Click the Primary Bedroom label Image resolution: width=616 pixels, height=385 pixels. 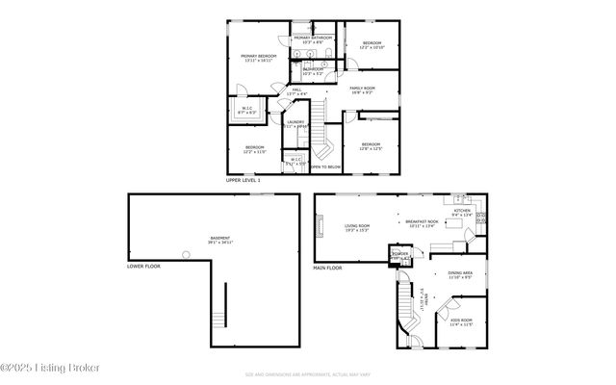point(259,58)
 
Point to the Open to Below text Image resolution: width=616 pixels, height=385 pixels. point(325,167)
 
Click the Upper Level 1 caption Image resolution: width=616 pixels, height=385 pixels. point(244,180)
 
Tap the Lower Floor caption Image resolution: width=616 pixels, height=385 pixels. point(144,265)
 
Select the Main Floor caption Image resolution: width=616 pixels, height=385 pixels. point(328,269)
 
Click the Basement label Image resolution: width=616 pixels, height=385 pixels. point(220,239)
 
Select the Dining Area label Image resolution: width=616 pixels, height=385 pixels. point(460,274)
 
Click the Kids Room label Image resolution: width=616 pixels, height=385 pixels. point(460,321)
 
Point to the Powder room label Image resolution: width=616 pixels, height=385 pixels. point(399,255)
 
